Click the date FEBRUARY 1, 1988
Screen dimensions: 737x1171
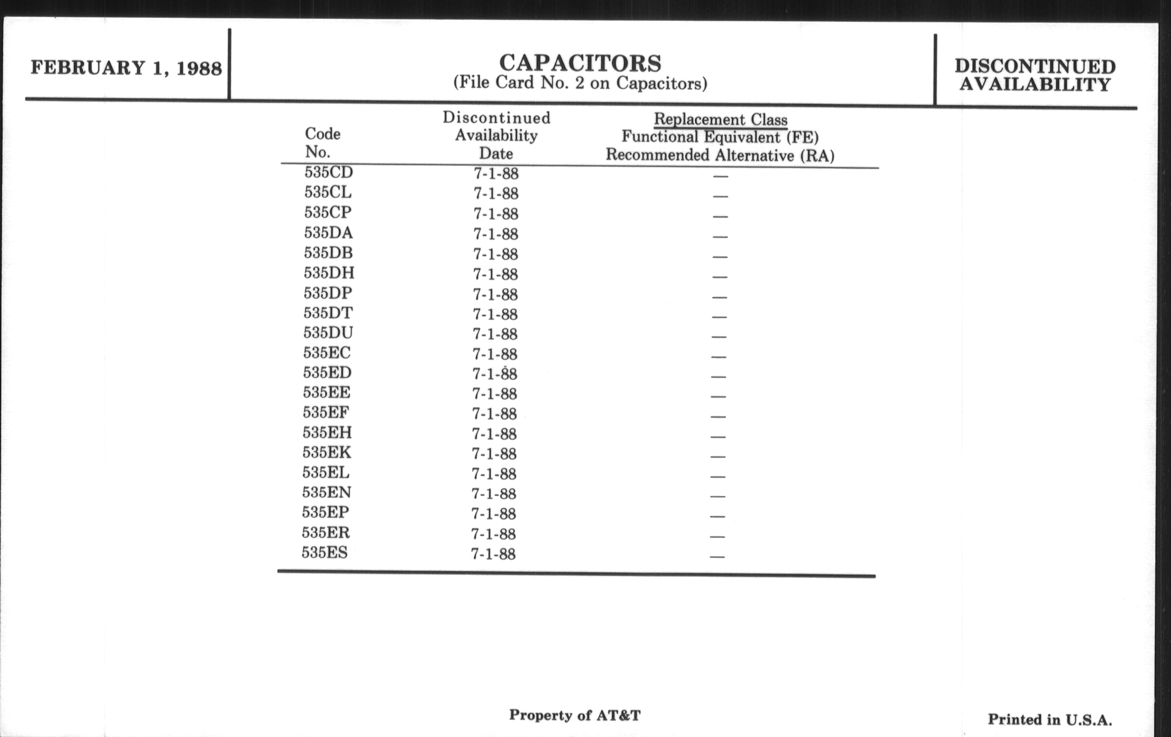click(x=126, y=67)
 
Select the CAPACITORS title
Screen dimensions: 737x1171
click(x=580, y=63)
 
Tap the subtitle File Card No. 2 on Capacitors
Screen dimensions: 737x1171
click(x=580, y=83)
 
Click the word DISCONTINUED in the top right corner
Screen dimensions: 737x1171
click(x=1035, y=66)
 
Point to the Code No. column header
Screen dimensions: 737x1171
click(x=322, y=143)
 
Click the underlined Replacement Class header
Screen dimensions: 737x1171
click(x=720, y=119)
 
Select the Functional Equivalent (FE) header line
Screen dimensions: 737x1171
click(x=720, y=137)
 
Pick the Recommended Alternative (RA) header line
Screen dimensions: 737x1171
click(x=720, y=155)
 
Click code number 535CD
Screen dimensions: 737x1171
click(x=328, y=172)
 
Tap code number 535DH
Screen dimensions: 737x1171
click(x=329, y=273)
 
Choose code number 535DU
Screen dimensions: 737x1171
click(x=328, y=333)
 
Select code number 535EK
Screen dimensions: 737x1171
click(x=326, y=452)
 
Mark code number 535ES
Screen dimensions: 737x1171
click(x=325, y=553)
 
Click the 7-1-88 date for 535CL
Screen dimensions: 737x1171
click(x=496, y=194)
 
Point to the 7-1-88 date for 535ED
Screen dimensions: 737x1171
click(x=494, y=374)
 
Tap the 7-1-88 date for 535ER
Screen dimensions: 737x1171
click(x=493, y=534)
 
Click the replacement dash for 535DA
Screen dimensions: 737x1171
click(x=720, y=237)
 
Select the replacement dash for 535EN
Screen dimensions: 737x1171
click(x=718, y=497)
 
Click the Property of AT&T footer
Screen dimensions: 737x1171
click(x=575, y=715)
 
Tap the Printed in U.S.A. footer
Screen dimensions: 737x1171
click(x=1050, y=720)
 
